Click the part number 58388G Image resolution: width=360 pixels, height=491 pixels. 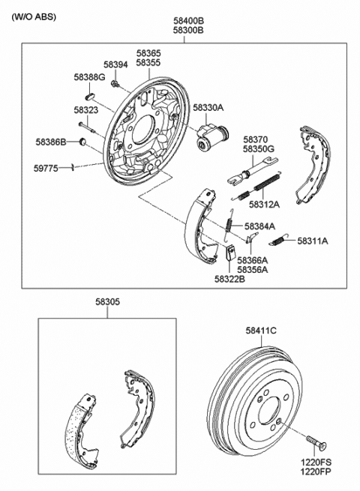click(89, 77)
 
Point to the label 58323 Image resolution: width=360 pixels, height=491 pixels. click(86, 110)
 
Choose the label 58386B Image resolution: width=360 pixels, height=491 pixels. click(51, 141)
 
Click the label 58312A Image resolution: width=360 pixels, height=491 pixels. click(264, 204)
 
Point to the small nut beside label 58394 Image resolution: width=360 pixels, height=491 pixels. click(113, 82)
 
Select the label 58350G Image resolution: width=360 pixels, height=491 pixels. click(259, 148)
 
